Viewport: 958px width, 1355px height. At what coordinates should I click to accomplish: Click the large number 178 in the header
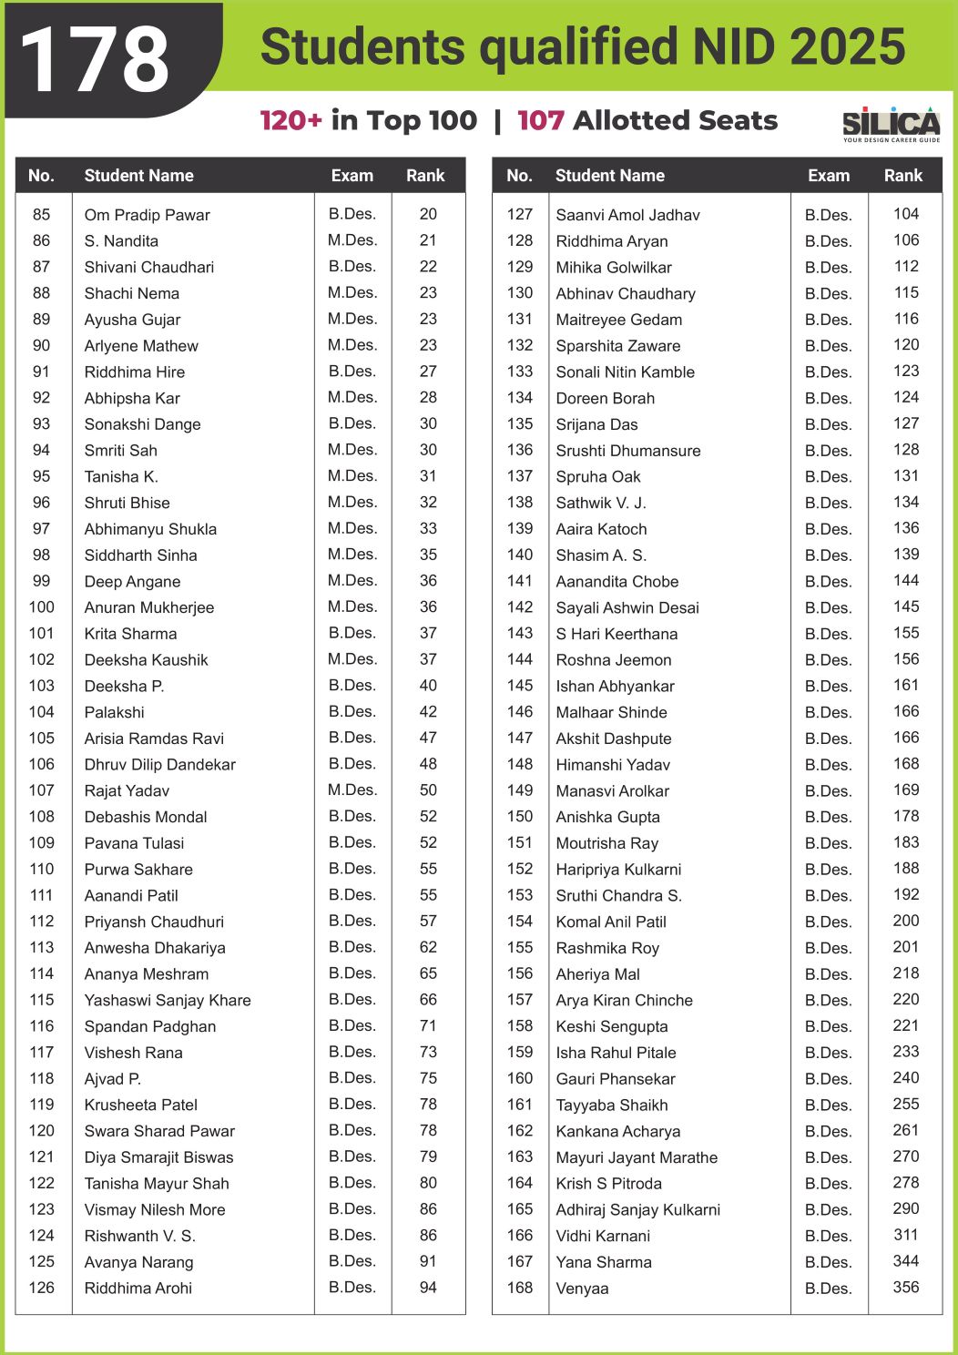tap(95, 60)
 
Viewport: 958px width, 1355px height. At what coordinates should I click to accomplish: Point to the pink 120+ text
tap(290, 120)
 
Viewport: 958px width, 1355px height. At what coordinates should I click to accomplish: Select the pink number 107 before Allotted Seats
tap(540, 120)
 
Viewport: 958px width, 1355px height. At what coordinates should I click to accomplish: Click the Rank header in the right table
tap(902, 176)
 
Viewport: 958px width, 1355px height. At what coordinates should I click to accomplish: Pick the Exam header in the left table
tap(352, 176)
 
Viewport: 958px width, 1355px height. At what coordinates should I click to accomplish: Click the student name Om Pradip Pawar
tap(147, 215)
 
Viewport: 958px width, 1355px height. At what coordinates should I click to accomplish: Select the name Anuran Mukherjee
tap(149, 607)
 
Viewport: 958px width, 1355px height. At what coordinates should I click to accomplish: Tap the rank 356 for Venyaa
tap(905, 1287)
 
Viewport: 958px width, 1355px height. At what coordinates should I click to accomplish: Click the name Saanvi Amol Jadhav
tap(627, 215)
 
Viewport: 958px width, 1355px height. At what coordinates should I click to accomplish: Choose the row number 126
tap(42, 1288)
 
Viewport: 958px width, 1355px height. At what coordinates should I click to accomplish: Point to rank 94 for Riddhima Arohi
tap(428, 1288)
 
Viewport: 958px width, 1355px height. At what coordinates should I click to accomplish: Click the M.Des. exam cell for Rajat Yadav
tap(352, 790)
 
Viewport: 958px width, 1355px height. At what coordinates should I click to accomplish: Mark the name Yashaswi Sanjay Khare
tap(168, 1000)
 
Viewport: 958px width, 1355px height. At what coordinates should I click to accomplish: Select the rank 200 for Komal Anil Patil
tap(905, 921)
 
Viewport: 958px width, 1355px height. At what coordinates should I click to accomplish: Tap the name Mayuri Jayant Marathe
tap(637, 1157)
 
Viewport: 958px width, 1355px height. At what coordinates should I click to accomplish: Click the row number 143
tap(520, 633)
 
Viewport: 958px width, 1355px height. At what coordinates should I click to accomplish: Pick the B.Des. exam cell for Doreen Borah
tap(828, 398)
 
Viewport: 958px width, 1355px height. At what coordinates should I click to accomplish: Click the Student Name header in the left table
tap(138, 176)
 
